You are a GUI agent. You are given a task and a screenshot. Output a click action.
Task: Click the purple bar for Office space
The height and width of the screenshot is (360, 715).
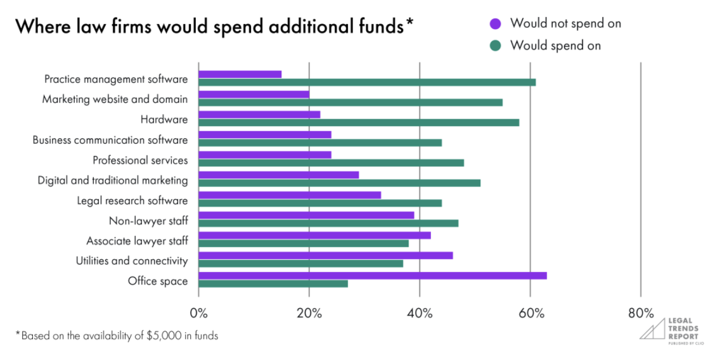[373, 276]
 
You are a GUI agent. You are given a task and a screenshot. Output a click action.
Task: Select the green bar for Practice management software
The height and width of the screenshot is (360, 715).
[367, 82]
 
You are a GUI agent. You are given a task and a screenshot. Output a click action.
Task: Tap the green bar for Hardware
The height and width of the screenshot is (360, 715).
[359, 122]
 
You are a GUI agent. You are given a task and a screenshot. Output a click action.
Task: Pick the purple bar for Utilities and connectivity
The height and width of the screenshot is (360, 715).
[326, 255]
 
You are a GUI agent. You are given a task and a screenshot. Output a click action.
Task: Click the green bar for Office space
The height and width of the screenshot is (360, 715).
[273, 283]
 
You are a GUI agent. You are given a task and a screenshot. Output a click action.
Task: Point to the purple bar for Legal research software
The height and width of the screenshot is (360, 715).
[290, 195]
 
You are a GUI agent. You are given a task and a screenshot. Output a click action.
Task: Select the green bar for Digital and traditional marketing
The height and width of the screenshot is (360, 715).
[339, 183]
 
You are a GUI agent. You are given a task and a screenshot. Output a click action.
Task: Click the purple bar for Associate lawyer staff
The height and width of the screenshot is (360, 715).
[314, 235]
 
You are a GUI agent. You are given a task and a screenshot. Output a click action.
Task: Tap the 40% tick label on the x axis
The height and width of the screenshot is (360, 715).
[420, 313]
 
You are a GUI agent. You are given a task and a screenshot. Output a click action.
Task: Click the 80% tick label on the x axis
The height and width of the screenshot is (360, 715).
[640, 313]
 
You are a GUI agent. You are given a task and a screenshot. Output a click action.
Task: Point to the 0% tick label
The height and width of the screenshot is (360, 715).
[199, 313]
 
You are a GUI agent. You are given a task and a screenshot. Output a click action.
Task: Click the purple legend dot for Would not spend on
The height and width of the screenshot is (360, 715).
[496, 24]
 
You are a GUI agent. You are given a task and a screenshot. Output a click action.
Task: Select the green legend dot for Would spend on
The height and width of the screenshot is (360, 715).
[496, 46]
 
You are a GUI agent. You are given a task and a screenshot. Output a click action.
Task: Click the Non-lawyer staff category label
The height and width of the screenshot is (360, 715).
[148, 221]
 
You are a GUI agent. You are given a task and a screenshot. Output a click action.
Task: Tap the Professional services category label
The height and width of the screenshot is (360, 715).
[140, 160]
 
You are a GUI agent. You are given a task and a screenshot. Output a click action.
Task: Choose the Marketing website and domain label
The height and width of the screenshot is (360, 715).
[115, 100]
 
